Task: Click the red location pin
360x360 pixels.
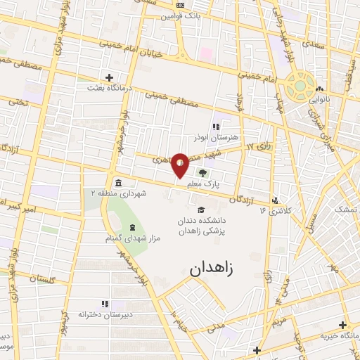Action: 181,164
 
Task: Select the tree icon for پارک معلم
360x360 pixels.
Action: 202,173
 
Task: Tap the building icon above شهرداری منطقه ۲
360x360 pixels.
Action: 117,182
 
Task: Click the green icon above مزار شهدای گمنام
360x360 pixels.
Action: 132,227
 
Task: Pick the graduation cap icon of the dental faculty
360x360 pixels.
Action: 201,210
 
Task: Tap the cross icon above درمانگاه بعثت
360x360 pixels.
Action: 109,77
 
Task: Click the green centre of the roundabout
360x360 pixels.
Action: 299,85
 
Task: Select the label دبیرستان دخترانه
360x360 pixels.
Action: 103,314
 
